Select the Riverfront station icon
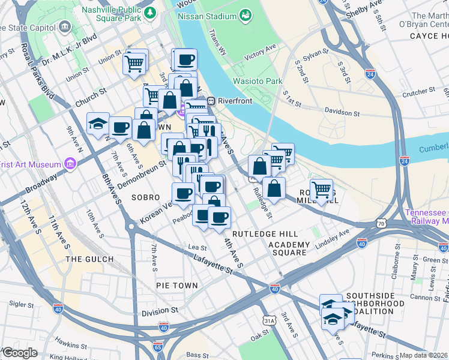coord(211,101)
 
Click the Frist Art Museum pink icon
coord(70,164)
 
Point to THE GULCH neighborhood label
coord(89,259)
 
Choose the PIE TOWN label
coord(176,286)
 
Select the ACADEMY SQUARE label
coord(289,249)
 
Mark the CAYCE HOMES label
coord(429,36)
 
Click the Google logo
coord(19,353)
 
